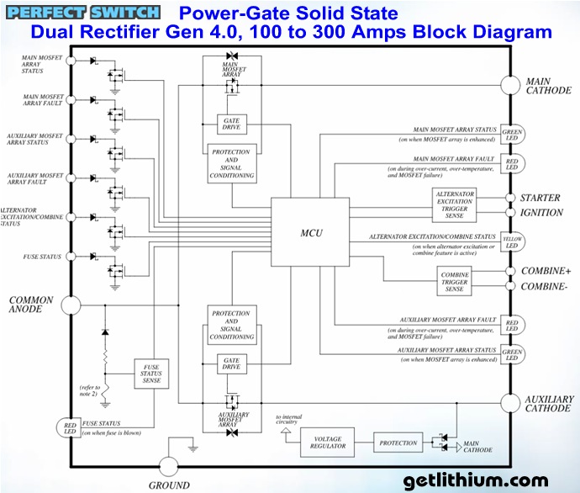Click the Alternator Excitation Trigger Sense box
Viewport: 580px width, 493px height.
[x=456, y=205]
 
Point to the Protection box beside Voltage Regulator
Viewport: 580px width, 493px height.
[x=398, y=443]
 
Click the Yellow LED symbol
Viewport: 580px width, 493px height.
[x=511, y=242]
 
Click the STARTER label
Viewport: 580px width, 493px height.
[x=540, y=199]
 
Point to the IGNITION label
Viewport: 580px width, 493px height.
[x=541, y=213]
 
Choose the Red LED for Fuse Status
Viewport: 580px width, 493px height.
[x=66, y=427]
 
